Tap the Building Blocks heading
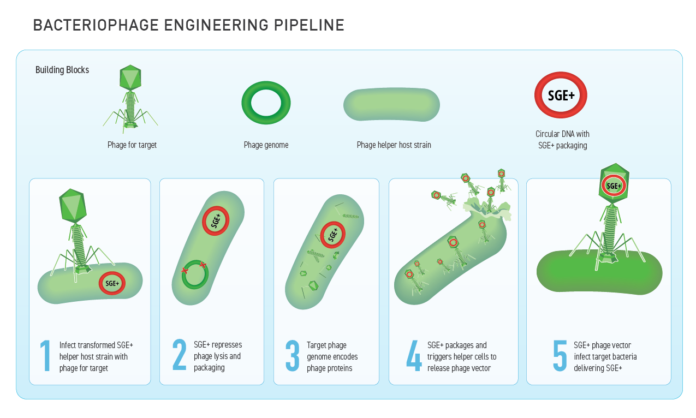tap(62, 70)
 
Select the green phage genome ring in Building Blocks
tap(266, 103)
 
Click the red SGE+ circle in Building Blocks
tap(561, 95)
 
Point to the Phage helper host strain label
tap(394, 145)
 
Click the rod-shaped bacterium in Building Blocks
tap(391, 104)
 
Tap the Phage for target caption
tap(132, 145)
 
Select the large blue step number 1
tap(45, 356)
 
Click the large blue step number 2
tap(179, 356)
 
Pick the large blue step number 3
tap(293, 356)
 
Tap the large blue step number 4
tap(414, 356)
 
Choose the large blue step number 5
tap(560, 356)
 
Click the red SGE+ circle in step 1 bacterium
tap(112, 284)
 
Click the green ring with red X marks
tap(194, 274)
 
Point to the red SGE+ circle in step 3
tap(333, 235)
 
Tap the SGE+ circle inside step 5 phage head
tap(614, 186)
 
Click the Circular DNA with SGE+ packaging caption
tap(562, 140)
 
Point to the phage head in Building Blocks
tap(130, 77)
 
